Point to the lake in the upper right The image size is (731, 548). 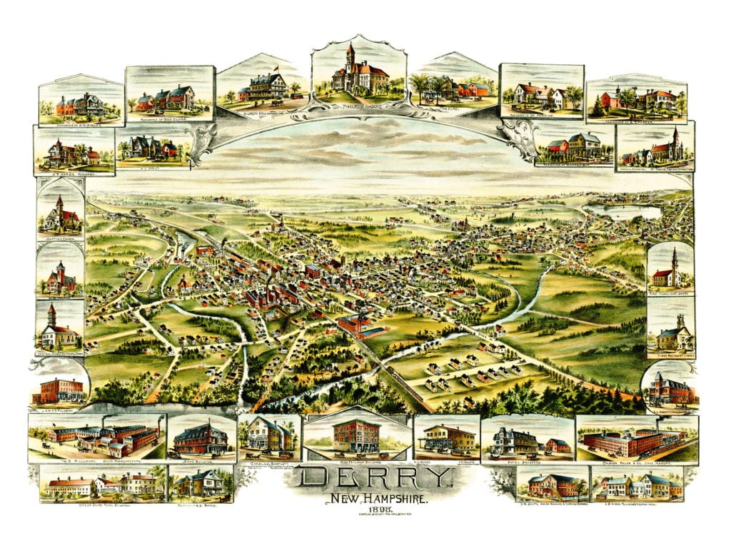coord(622,212)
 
